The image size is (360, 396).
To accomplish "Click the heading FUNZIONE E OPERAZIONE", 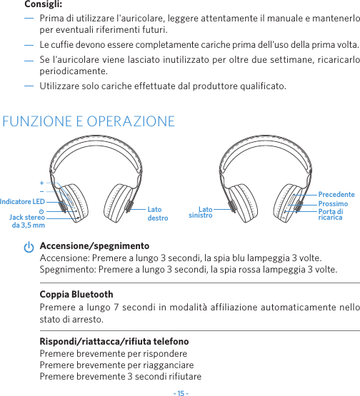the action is pos(89,121).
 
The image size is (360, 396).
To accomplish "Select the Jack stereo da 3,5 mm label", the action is pos(28,220).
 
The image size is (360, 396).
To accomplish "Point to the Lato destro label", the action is pos(157,213).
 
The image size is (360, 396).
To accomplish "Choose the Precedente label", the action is pos(336,194).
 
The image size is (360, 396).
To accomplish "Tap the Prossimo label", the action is pos(333,203).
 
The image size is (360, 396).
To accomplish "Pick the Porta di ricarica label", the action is pos(331,214).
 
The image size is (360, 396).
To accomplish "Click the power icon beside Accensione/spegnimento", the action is pos(28,247).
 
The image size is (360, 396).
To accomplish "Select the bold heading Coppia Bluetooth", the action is pos(76,295).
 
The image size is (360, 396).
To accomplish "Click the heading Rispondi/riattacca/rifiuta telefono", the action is pos(114,342).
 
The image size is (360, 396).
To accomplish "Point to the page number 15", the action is pos(180,391).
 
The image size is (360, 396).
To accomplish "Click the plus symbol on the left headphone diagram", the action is pos(41,183).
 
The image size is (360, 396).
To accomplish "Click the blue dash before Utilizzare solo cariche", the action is pos(29,86).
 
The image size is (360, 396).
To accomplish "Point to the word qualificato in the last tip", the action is pos(261,86).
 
